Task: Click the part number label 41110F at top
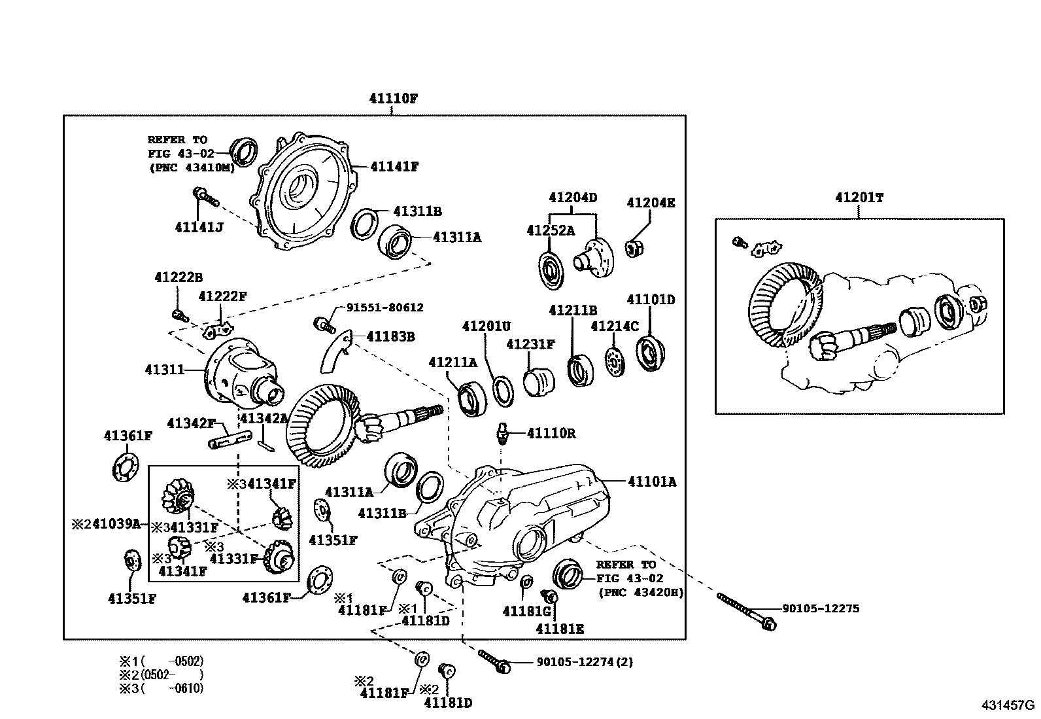[393, 98]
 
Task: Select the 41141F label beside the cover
[394, 166]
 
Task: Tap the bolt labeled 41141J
[205, 196]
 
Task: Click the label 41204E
[651, 203]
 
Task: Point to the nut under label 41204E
[634, 249]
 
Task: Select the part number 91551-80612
[384, 307]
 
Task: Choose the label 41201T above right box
[859, 197]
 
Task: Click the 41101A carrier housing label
[652, 482]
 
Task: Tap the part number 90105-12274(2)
[585, 661]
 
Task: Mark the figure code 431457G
[1008, 705]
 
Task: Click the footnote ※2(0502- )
[162, 675]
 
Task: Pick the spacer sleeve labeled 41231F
[539, 382]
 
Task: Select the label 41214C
[615, 326]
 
